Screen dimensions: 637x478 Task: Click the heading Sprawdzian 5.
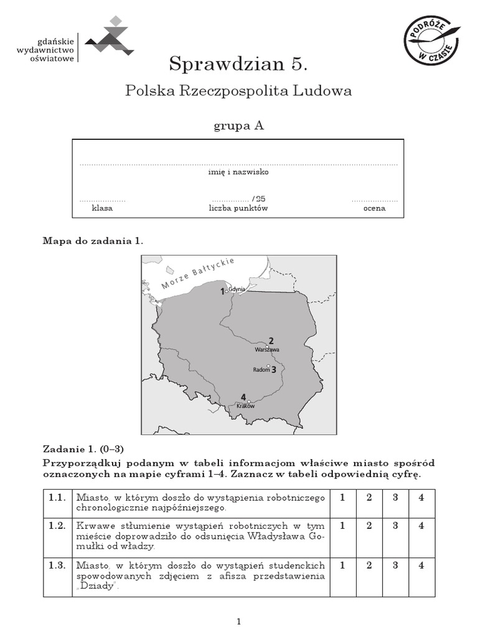(238, 63)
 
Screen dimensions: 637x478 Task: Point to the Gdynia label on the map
(237, 289)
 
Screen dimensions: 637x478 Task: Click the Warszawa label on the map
(267, 350)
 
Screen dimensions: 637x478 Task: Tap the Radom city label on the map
(261, 370)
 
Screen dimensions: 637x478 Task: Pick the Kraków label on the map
(246, 406)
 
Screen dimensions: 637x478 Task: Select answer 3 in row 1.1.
(395, 498)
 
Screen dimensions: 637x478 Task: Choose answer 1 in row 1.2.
(342, 526)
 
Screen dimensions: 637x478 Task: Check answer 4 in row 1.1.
(421, 498)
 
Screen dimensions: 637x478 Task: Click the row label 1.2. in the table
(57, 526)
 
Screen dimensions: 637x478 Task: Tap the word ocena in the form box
(374, 208)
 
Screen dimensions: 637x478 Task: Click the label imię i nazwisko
(238, 172)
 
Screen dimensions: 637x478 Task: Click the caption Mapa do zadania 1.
(93, 241)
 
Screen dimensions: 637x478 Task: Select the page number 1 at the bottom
(238, 621)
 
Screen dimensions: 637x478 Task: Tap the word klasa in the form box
(102, 208)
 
